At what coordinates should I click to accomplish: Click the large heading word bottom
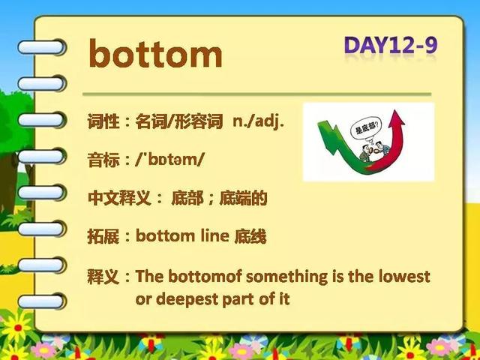point(155,53)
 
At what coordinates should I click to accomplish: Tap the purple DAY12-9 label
point(391,45)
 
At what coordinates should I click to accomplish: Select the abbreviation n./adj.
point(259,122)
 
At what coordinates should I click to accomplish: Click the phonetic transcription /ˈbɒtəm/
point(169,160)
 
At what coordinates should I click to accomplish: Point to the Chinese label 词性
point(103,121)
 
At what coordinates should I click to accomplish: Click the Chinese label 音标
point(103,160)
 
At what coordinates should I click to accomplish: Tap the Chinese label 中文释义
point(119,198)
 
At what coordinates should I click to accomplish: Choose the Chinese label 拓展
point(103,237)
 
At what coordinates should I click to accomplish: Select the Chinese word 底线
point(250,237)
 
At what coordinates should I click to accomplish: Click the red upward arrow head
point(396,118)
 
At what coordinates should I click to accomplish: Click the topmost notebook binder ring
point(42,47)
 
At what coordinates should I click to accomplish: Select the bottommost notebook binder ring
point(42,301)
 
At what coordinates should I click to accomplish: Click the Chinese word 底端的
point(243,198)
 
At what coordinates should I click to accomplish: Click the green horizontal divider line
point(256,94)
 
